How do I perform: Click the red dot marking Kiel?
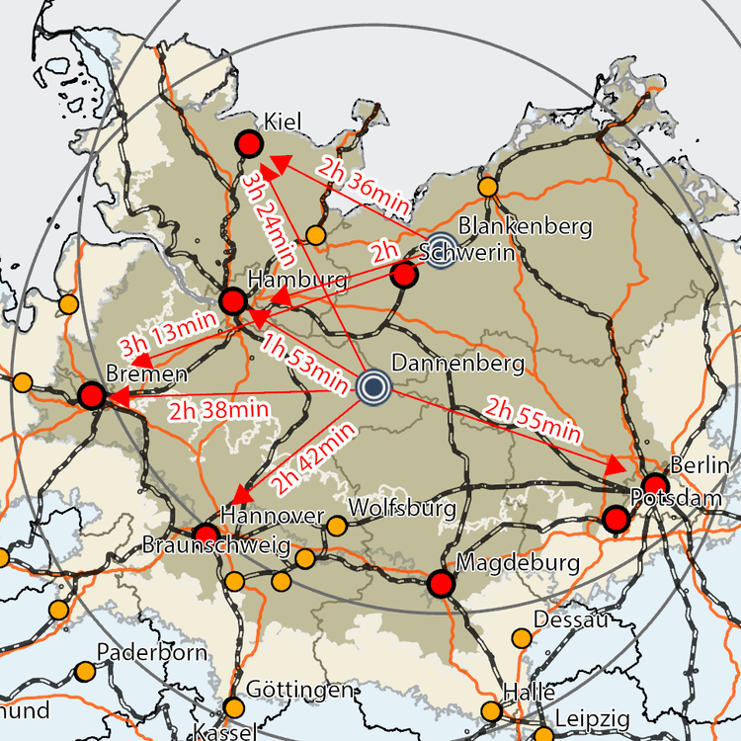point(248,146)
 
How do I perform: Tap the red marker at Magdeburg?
point(441,584)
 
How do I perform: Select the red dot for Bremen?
point(91,396)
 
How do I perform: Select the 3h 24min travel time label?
point(269,218)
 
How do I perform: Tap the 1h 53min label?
point(304,361)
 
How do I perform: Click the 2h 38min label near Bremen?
point(218,408)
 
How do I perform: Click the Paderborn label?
point(152,652)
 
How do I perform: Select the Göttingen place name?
point(297,690)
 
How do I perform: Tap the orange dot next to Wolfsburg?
point(337,526)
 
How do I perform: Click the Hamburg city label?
point(297,280)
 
